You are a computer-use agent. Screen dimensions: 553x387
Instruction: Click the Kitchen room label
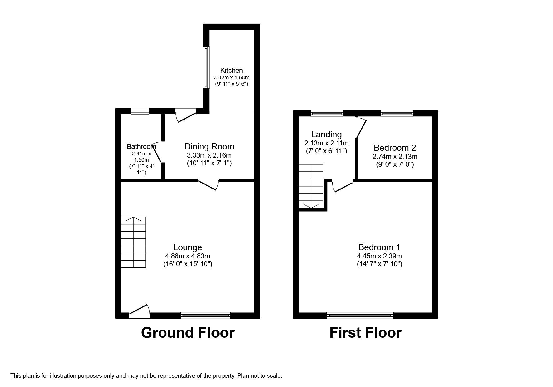(231, 70)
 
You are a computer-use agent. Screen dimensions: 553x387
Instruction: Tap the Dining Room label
(209, 146)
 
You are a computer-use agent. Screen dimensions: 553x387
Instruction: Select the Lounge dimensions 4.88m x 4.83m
(188, 256)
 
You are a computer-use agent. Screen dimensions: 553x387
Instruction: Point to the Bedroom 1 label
(379, 247)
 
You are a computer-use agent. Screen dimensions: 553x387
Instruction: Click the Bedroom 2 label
(395, 148)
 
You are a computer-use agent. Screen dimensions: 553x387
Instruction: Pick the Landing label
(326, 135)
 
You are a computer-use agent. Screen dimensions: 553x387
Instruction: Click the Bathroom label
(141, 146)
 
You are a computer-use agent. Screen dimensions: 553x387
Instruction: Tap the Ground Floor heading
(188, 333)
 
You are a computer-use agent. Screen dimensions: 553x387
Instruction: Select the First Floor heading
(365, 333)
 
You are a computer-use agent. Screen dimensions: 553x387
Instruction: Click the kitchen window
(206, 67)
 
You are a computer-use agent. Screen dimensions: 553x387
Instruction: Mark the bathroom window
(140, 111)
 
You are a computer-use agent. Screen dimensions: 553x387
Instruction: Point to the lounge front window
(205, 316)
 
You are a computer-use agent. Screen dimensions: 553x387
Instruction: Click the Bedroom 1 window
(360, 316)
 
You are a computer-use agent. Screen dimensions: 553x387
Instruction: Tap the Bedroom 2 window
(397, 114)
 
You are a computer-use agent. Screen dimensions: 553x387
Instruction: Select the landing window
(327, 114)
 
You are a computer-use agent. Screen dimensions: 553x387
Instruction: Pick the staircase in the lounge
(134, 242)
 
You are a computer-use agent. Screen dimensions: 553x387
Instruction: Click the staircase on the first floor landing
(311, 186)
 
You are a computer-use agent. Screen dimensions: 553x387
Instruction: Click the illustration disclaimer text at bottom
(146, 375)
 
